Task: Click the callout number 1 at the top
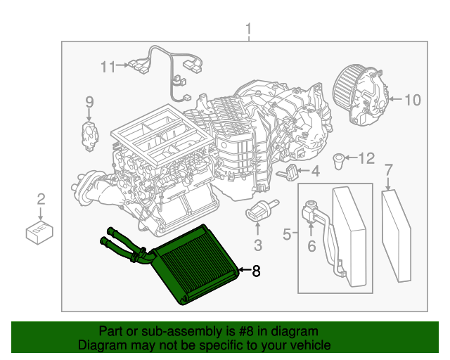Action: point(248,29)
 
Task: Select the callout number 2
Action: point(41,199)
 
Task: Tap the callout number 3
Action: point(258,245)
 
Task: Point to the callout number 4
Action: point(315,170)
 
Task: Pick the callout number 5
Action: point(287,233)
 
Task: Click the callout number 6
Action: point(311,246)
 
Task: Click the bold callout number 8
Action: point(256,269)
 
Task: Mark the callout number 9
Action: point(89,103)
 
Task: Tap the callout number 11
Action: point(108,67)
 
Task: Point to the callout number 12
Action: point(368,158)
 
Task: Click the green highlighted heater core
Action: point(197,264)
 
